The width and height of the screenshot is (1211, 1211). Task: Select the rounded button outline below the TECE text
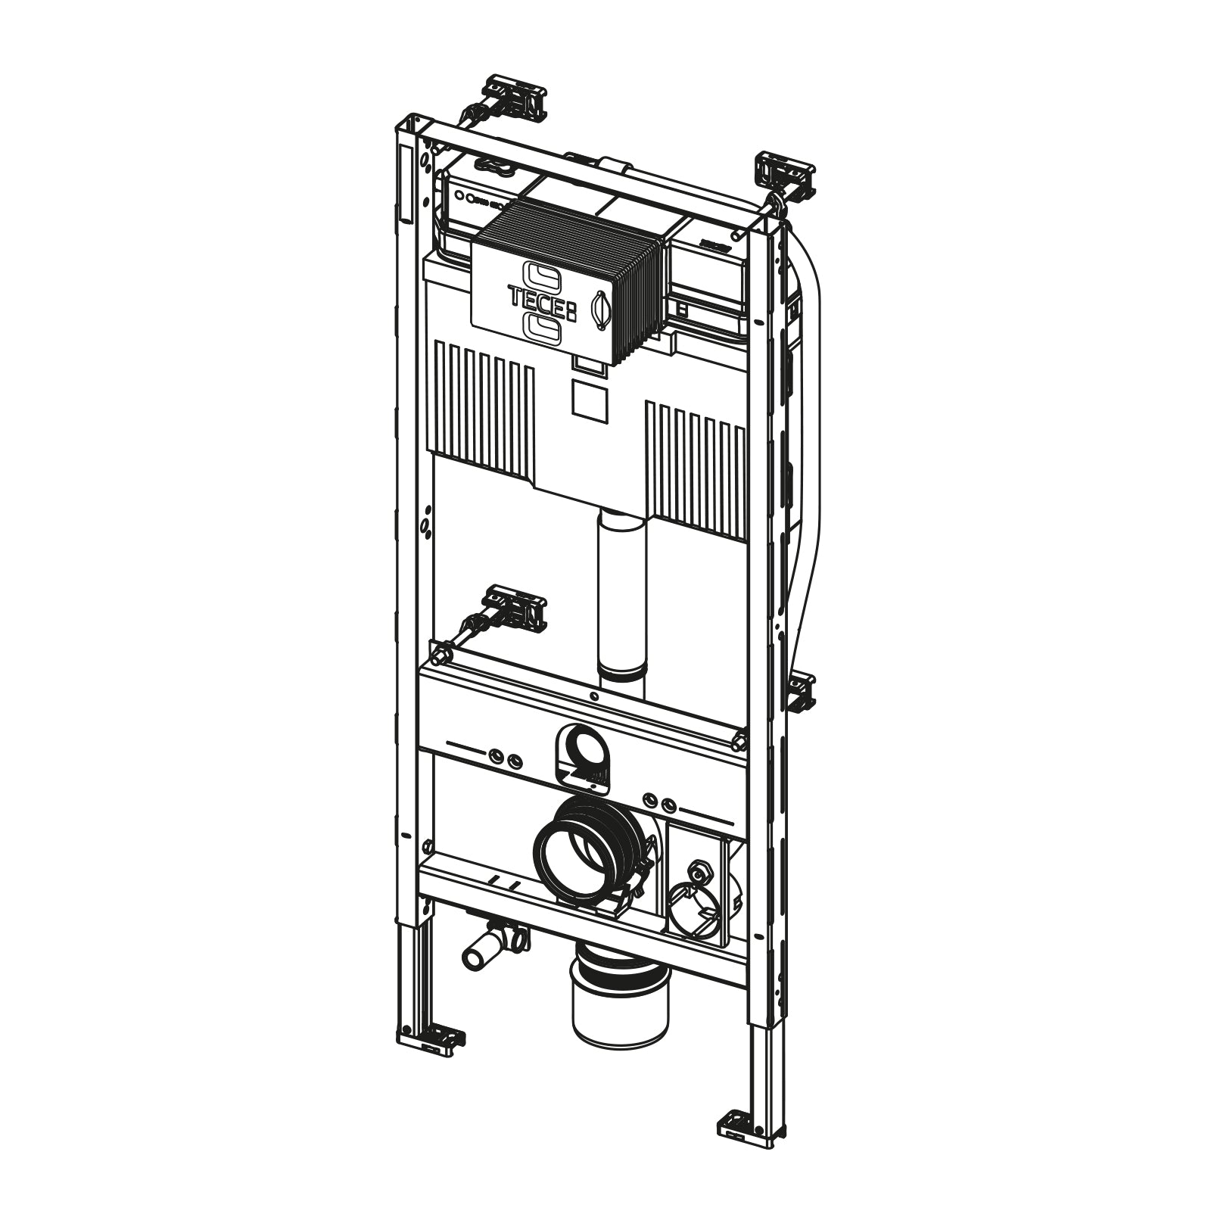click(543, 328)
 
